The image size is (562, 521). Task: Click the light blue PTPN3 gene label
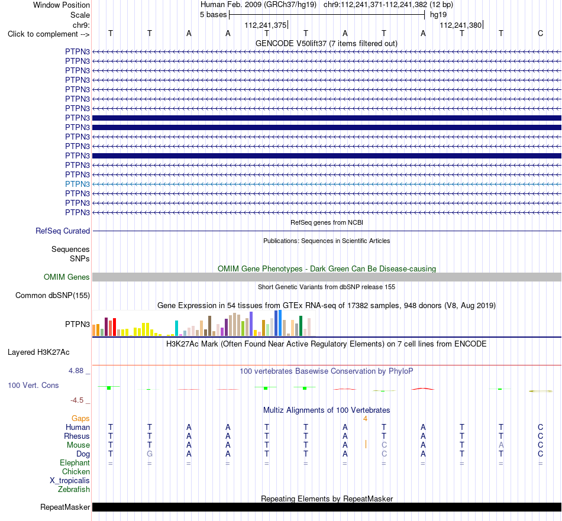pos(77,184)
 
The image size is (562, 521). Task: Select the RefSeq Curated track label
pos(63,231)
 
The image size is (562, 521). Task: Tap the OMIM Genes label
pos(67,277)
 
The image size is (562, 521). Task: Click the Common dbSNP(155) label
pos(53,296)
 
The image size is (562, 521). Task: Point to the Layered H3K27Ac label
pos(38,352)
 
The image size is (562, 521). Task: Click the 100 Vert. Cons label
pos(33,385)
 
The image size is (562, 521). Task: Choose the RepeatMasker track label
pos(65,507)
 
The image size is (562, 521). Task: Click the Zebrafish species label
pos(74,490)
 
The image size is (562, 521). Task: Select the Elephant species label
pos(75,463)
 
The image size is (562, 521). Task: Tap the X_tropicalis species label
pos(70,481)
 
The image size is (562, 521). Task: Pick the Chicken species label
pos(76,472)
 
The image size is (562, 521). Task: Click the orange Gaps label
pos(80,419)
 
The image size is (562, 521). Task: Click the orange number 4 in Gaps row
pos(365,419)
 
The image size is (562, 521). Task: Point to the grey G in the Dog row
pos(150,454)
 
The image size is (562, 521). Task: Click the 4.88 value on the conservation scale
pos(76,371)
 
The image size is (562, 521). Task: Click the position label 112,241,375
pos(266,25)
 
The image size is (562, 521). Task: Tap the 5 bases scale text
pos(213,15)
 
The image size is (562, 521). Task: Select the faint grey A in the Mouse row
pos(501,445)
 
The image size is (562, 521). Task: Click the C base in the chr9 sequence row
pos(541,34)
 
